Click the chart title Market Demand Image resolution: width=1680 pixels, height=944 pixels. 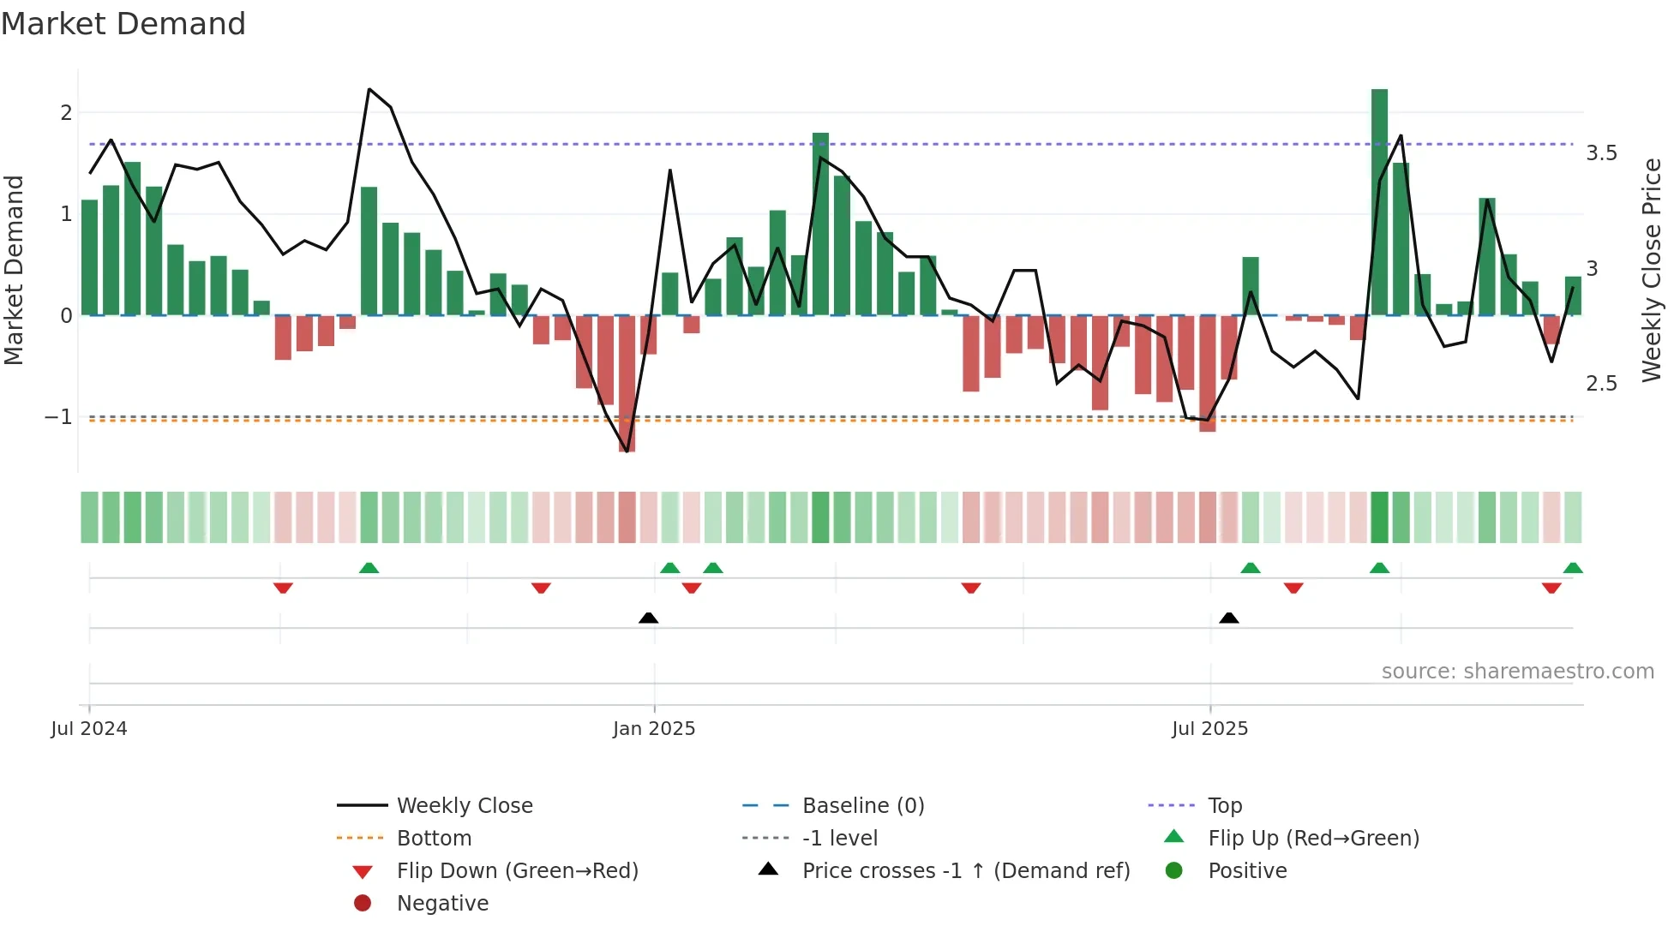(x=123, y=24)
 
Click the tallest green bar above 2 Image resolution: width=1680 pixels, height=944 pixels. (x=1379, y=201)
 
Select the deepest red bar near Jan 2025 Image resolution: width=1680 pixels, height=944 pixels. (x=627, y=383)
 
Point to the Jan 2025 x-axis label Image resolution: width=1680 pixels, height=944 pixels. (x=654, y=729)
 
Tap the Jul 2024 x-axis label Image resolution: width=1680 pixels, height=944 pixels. (x=89, y=729)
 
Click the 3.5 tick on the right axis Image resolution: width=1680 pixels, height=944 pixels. (x=1601, y=153)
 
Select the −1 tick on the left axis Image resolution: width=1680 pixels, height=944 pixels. (x=58, y=417)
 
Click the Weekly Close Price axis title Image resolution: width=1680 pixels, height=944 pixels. (x=1652, y=270)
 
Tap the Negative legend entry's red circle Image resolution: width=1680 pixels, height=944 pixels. (x=363, y=904)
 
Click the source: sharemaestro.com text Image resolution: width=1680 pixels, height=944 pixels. (x=1517, y=672)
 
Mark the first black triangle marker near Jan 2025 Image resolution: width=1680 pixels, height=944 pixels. (x=649, y=618)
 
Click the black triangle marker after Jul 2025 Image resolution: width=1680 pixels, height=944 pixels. (x=1229, y=618)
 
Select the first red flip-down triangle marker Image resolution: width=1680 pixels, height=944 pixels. (x=283, y=588)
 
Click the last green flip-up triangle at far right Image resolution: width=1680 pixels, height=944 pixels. (x=1573, y=568)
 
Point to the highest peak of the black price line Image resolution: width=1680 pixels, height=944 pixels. (x=369, y=89)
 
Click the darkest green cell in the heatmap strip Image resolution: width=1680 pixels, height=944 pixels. (x=1379, y=517)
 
